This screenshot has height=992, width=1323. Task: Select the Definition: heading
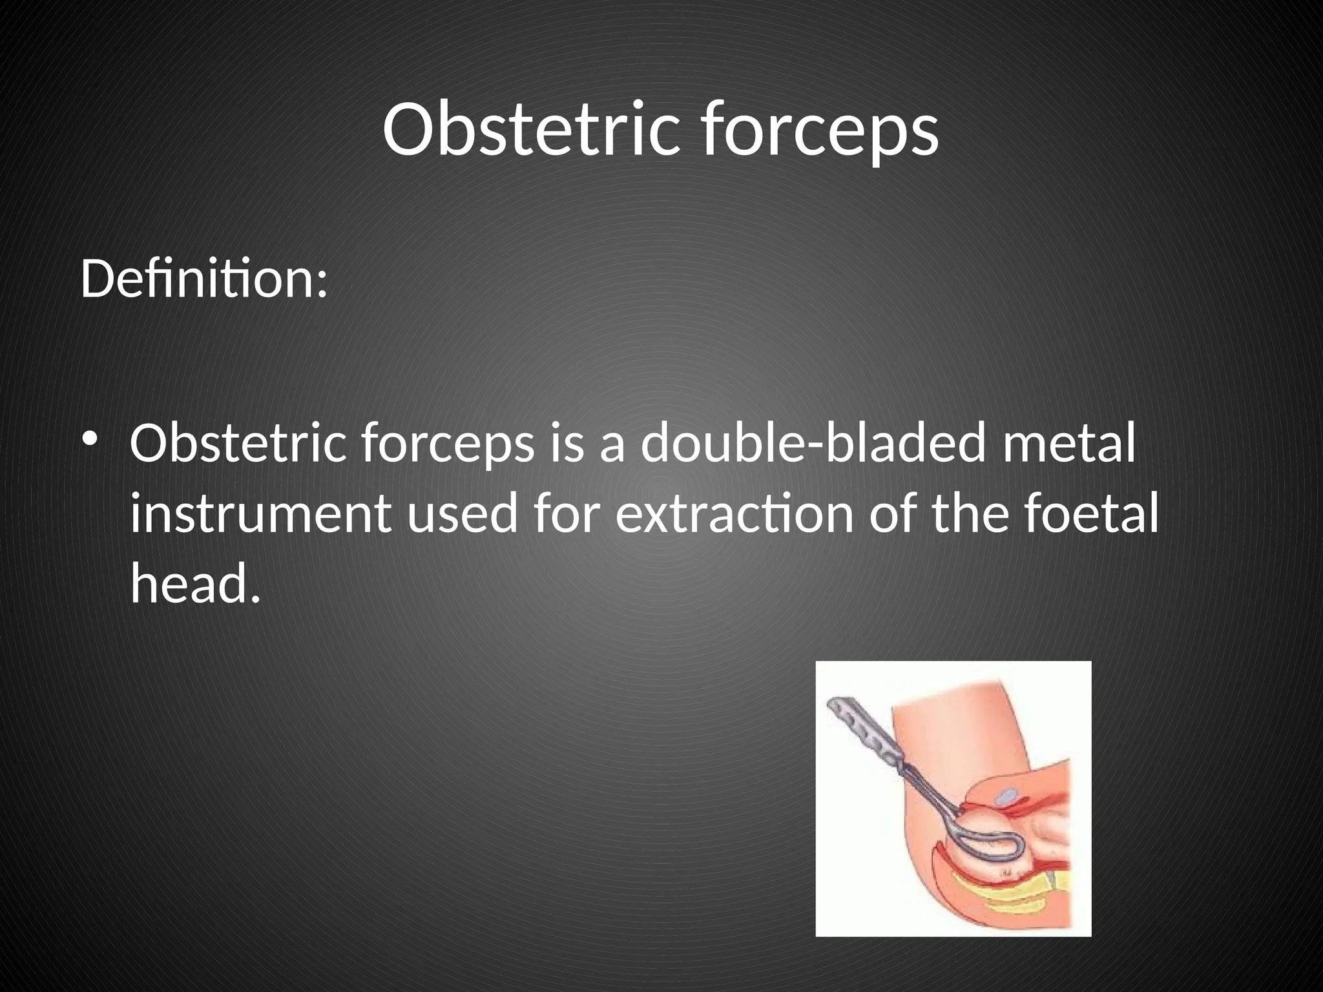click(203, 280)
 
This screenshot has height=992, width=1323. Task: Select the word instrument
click(260, 515)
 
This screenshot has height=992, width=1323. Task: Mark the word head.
click(194, 583)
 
